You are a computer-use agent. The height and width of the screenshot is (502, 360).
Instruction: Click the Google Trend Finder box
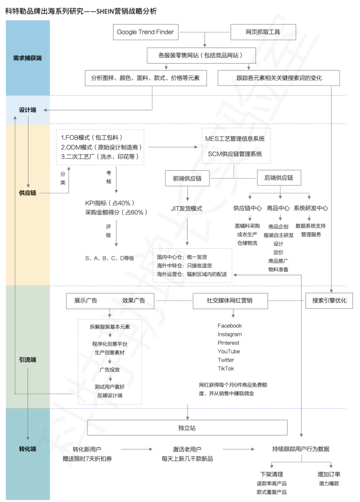click(x=145, y=32)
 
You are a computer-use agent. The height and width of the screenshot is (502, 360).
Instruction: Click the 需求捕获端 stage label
click(x=27, y=58)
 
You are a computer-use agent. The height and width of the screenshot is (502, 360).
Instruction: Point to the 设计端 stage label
click(x=27, y=110)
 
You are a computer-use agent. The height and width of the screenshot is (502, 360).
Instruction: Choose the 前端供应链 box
click(x=187, y=178)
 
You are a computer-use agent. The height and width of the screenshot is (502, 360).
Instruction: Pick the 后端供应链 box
click(x=278, y=178)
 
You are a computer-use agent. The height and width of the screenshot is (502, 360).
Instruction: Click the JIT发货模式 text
click(x=186, y=208)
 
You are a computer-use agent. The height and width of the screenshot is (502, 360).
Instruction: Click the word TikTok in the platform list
click(x=226, y=368)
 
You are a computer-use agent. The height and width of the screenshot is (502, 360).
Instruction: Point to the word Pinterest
click(x=228, y=343)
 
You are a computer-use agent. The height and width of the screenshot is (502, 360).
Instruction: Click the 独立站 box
click(x=187, y=428)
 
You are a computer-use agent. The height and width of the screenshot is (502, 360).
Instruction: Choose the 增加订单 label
click(x=329, y=474)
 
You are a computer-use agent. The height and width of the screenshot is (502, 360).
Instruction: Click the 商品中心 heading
click(x=278, y=208)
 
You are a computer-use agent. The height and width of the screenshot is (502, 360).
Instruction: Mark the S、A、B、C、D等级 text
click(x=109, y=258)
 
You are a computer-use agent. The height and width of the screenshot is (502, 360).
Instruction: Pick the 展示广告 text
click(x=86, y=301)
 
